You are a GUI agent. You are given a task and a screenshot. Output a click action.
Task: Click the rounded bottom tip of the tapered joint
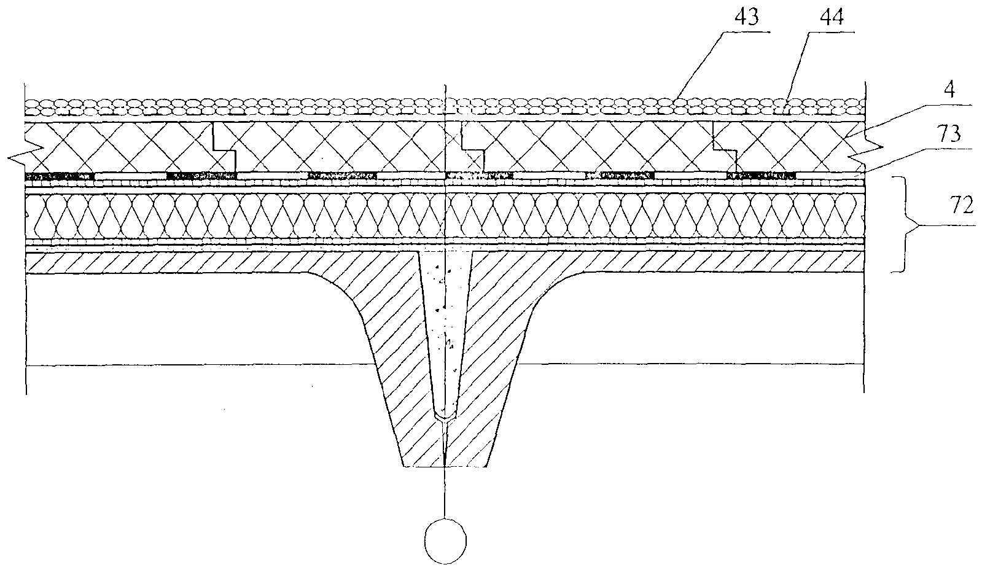coord(443,417)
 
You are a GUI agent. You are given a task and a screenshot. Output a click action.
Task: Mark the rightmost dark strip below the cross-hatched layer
coord(762,176)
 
